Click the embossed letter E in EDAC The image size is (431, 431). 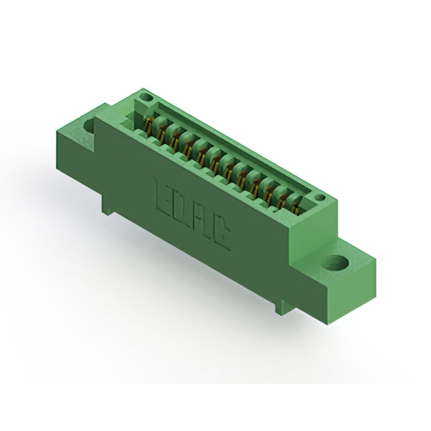[164, 196]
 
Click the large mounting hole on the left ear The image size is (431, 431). [89, 125]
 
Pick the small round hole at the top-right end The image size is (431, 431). [319, 198]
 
